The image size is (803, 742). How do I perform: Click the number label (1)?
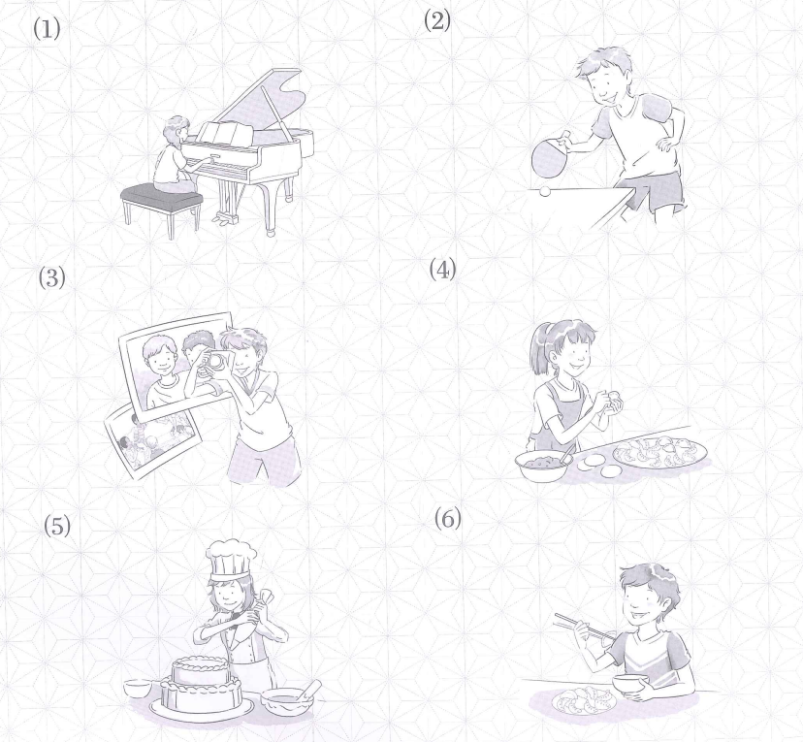[x=47, y=28]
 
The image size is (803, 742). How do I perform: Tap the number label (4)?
[x=442, y=269]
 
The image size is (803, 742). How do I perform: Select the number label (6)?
[x=448, y=518]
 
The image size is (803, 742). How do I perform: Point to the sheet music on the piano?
[x=226, y=134]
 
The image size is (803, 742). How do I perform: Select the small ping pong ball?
[x=545, y=191]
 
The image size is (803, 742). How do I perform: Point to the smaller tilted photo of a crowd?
[x=151, y=440]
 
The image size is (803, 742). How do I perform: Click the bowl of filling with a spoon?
[x=544, y=465]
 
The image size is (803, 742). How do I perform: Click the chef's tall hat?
[x=230, y=560]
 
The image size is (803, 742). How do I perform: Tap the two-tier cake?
[x=201, y=682]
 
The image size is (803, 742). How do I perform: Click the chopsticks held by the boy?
[x=585, y=628]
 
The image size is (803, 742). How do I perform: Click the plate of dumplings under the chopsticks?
[x=585, y=700]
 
